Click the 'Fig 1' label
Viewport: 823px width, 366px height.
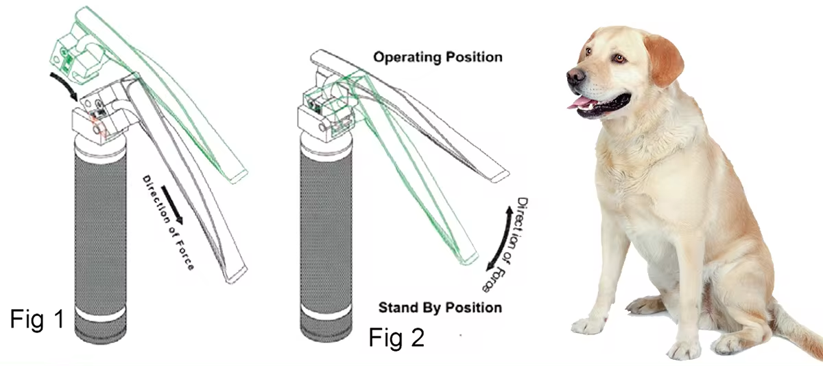point(38,319)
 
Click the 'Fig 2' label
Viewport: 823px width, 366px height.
point(396,337)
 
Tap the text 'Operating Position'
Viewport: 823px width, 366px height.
point(438,58)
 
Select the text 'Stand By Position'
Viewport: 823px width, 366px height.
point(440,308)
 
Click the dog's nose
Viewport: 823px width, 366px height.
point(575,76)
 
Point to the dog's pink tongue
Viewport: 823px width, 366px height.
point(582,102)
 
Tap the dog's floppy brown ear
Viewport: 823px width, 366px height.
point(664,59)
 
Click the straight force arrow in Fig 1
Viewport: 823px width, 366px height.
point(171,205)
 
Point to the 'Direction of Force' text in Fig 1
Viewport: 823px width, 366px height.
point(168,223)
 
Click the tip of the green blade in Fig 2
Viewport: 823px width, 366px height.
point(468,259)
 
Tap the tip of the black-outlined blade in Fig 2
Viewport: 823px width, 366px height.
point(500,176)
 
